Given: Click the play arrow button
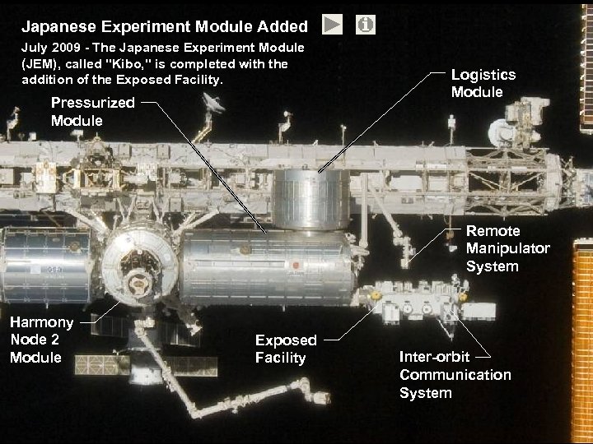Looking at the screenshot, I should pos(332,25).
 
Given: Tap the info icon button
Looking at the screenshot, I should pos(366,25).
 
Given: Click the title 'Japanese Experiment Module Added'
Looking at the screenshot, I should pos(165,26).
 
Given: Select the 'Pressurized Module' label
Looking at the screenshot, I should pos(92,112).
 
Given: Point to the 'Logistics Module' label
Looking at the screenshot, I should pos(483,83).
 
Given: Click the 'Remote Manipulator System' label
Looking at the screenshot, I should pos(507,248).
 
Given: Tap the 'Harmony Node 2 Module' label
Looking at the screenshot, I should pos(41,340).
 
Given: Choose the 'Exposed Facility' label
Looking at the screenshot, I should pos(286,349).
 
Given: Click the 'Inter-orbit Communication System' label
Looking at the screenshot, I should pos(455,375).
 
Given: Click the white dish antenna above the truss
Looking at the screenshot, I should pos(213,103).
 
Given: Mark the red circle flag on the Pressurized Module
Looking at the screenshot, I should pos(294,265).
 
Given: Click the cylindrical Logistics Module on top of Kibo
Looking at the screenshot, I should pos(311,200).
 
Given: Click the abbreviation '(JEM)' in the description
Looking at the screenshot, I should pos(39,64).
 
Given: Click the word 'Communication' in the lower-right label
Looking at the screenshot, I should pos(455,375).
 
